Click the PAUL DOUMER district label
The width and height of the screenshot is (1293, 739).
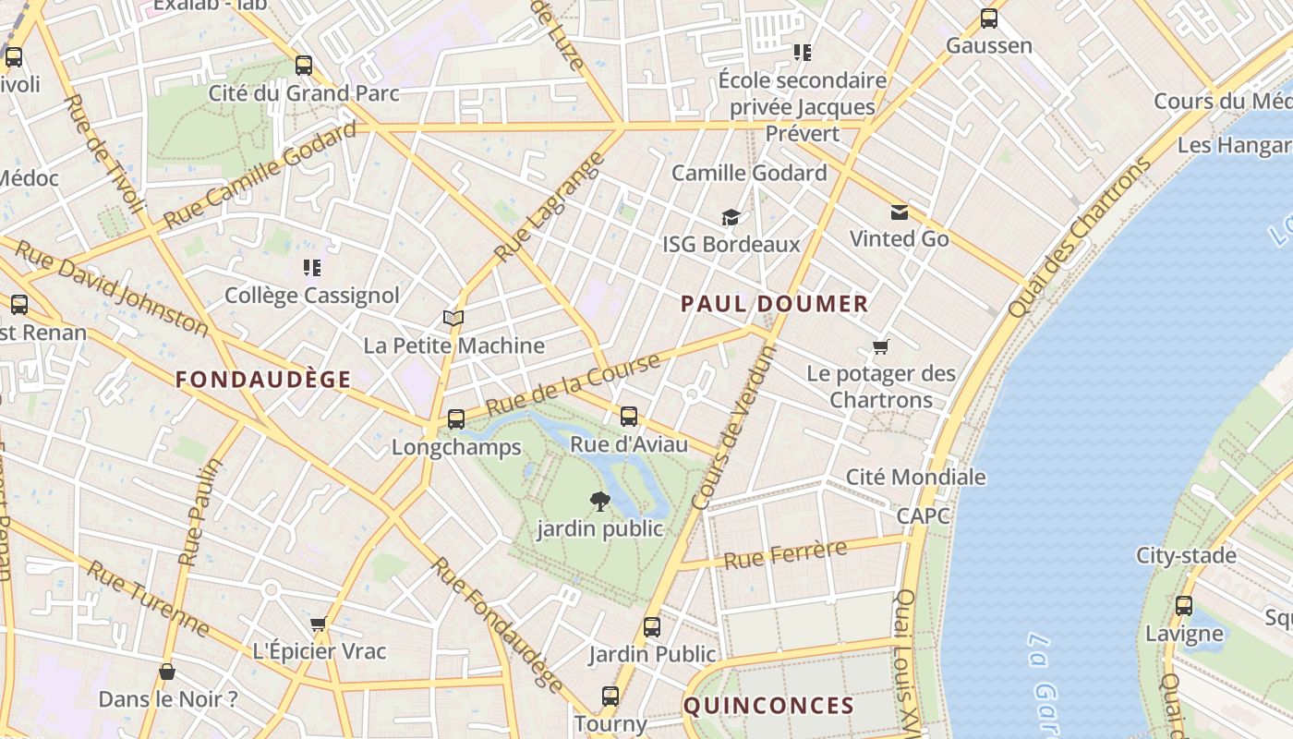point(774,304)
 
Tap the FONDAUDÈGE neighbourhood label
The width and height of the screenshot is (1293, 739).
point(263,380)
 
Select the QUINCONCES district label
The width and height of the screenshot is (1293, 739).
point(768,707)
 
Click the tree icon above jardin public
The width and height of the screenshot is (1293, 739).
point(600,502)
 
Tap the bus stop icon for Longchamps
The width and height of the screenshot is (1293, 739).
point(456,419)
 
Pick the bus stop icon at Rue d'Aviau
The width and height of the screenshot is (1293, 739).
point(629,417)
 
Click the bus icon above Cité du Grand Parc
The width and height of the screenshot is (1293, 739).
point(304,66)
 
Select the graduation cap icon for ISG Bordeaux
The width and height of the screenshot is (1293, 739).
point(731,217)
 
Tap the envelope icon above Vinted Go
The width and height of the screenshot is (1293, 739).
point(899,212)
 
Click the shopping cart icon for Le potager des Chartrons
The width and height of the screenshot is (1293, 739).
point(880,347)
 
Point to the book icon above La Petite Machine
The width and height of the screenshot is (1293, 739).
point(453,319)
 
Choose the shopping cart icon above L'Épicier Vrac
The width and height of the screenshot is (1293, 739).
point(319,624)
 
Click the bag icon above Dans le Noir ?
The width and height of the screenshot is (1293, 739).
point(167,672)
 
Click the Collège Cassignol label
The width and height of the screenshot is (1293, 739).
point(312,296)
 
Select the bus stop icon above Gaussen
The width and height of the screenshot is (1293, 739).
point(989,18)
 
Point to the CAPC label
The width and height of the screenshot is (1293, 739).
point(923,515)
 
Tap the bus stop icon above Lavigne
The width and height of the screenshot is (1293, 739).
point(1184,607)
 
